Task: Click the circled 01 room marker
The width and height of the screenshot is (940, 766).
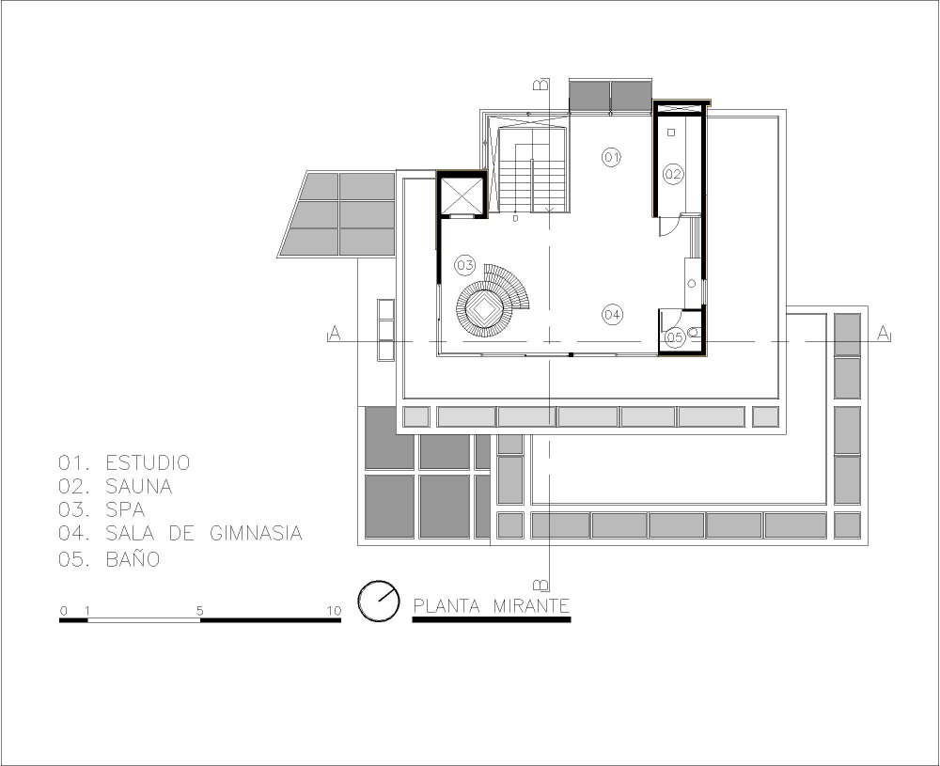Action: [611, 158]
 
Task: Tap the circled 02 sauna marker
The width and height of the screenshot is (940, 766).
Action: [673, 175]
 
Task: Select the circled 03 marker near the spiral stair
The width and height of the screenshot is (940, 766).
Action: [465, 265]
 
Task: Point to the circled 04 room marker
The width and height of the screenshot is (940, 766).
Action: [612, 315]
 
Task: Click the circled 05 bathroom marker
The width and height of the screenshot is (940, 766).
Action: [674, 337]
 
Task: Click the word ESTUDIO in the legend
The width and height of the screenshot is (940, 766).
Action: [149, 462]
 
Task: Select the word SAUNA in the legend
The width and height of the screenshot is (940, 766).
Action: [139, 486]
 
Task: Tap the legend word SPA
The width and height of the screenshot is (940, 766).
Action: [125, 509]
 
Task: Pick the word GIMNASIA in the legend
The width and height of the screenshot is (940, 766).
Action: [256, 533]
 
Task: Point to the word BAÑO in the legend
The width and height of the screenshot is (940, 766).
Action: [133, 558]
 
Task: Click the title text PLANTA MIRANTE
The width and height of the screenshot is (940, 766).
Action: [492, 606]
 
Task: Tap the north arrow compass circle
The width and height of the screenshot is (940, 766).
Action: [379, 602]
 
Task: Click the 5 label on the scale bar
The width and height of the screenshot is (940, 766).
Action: [199, 611]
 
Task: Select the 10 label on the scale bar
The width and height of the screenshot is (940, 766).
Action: [334, 611]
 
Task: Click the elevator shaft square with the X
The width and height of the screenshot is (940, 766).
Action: [462, 195]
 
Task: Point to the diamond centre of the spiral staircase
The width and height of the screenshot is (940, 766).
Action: [482, 309]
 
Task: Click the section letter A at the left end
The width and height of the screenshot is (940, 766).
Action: [336, 334]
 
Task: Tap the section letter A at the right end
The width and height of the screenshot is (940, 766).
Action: [883, 334]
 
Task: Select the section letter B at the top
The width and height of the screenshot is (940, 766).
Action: [540, 85]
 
